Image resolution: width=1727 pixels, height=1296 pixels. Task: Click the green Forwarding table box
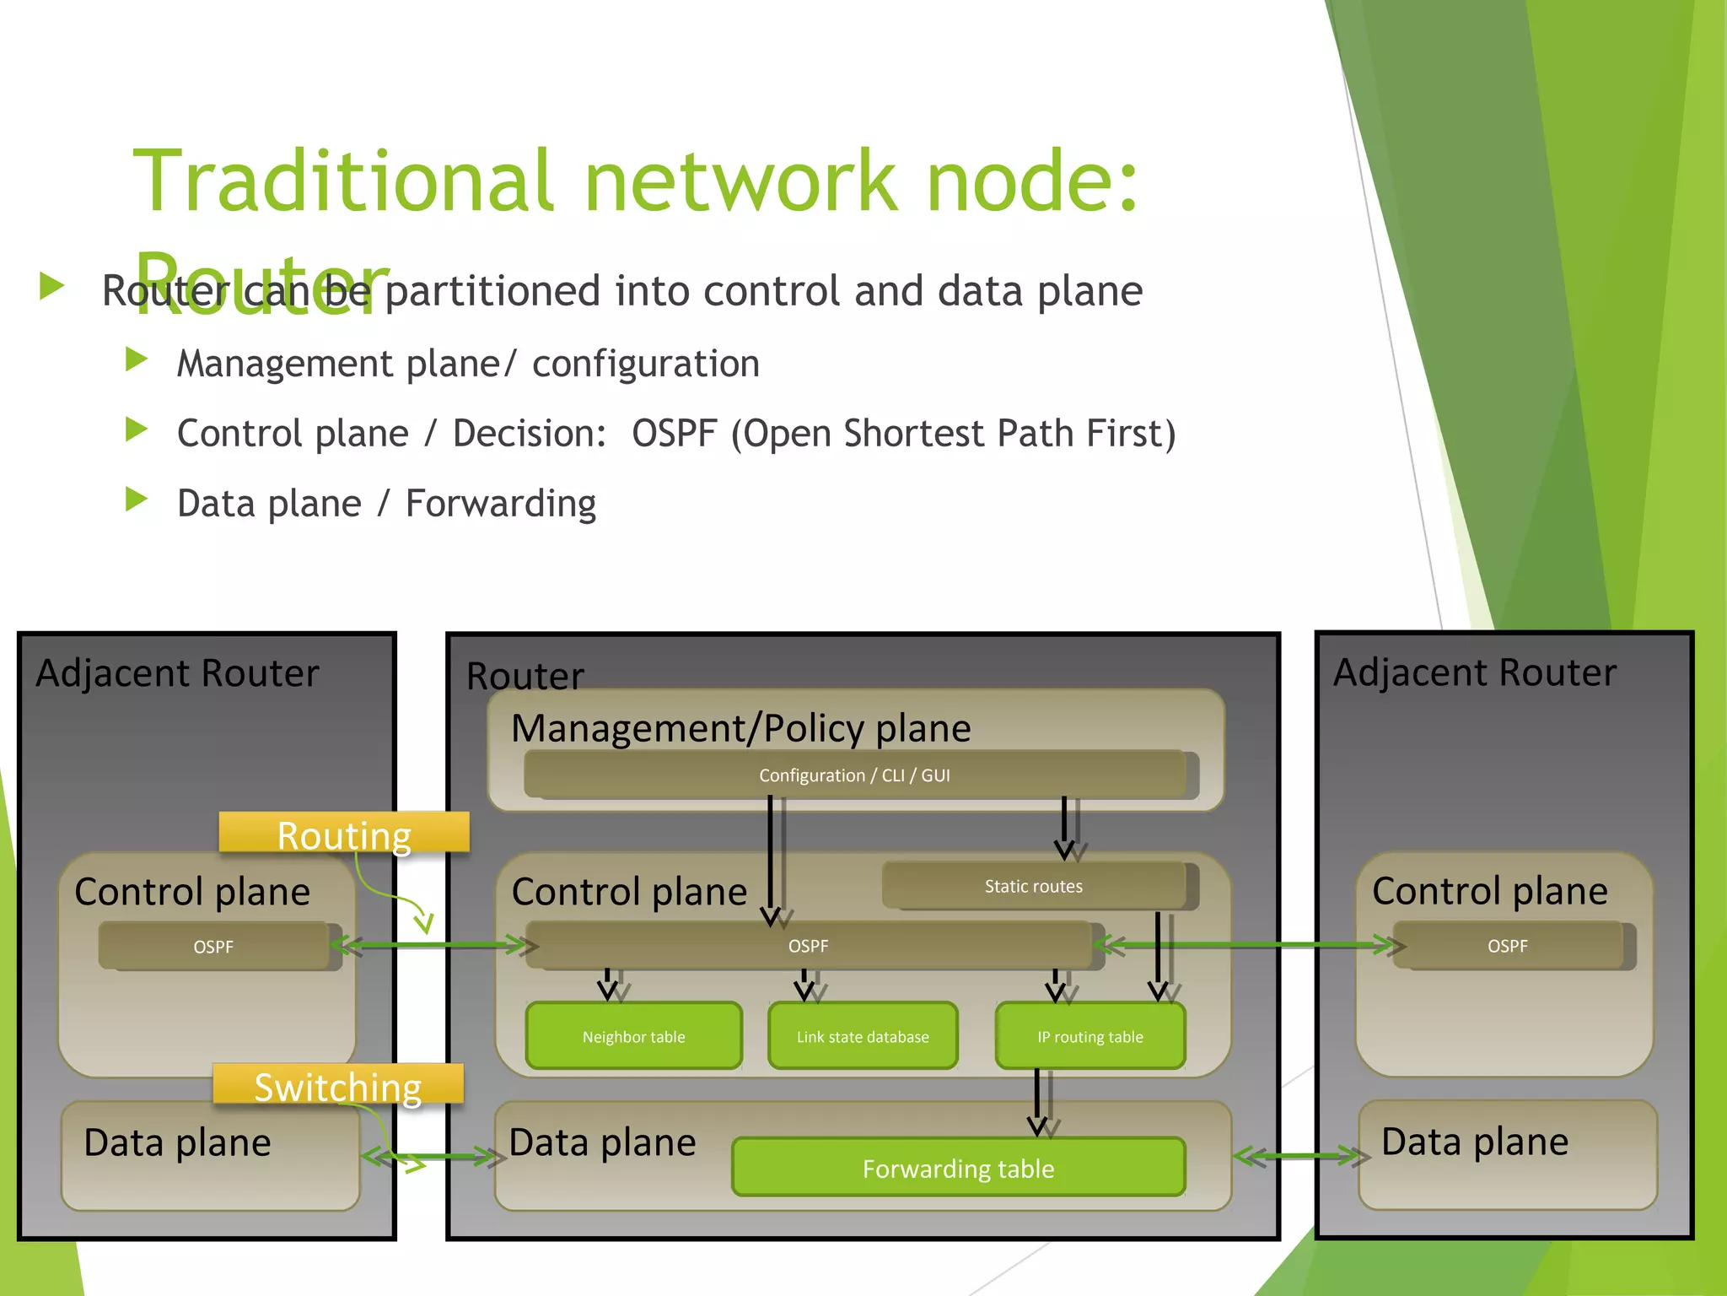[x=958, y=1168]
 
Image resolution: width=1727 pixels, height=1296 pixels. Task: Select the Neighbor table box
[x=633, y=1036]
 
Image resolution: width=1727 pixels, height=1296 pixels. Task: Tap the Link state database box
[x=863, y=1036]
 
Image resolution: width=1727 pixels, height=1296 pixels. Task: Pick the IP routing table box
[x=1089, y=1036]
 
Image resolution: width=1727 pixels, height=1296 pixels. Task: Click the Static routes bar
[x=1034, y=886]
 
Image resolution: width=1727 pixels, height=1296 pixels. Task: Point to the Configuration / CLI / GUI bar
[x=854, y=775]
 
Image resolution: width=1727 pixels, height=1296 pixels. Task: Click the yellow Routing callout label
[x=344, y=834]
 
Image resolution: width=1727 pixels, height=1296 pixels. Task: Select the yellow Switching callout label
[x=338, y=1086]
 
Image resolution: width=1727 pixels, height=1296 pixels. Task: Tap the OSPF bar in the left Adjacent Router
[x=213, y=947]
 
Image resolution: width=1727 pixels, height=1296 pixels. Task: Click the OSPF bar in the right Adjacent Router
[x=1507, y=946]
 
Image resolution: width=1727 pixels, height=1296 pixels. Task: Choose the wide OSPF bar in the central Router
[x=808, y=946]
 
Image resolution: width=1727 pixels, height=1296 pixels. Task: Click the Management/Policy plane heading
[x=740, y=728]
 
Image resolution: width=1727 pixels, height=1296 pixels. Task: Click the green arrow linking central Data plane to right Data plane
[x=1296, y=1157]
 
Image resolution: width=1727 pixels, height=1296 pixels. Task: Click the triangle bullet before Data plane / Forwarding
[x=136, y=499]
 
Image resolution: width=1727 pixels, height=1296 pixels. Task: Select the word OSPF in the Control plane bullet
[x=673, y=434]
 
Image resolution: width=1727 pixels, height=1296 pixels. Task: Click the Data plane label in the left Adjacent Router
[x=177, y=1143]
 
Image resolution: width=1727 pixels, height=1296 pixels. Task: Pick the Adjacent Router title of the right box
[x=1474, y=672]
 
